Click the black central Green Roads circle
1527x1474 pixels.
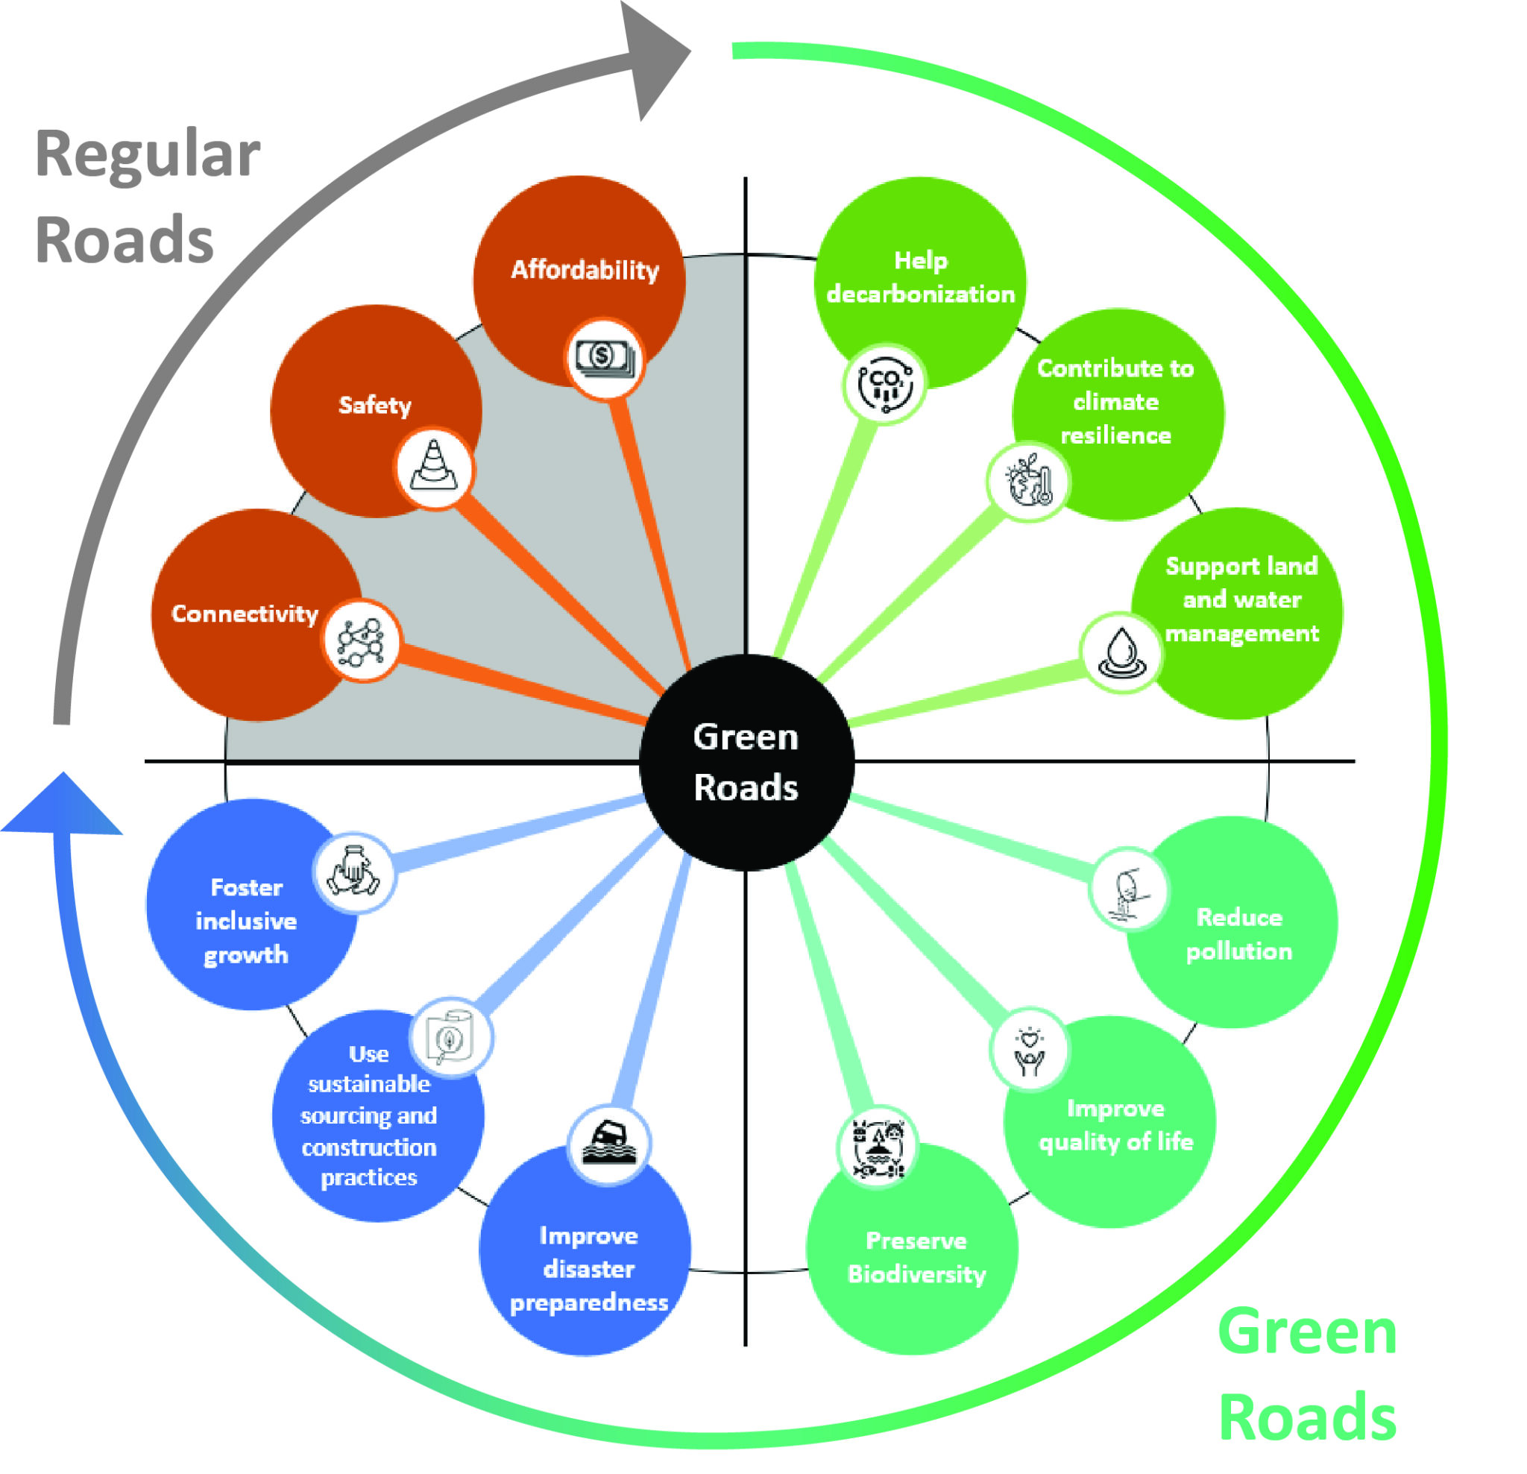point(746,762)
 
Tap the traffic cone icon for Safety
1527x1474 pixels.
point(433,468)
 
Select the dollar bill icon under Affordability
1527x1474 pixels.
point(604,359)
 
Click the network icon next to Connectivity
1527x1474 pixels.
point(361,641)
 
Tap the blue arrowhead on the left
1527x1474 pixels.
point(63,806)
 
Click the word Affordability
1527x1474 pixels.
point(585,270)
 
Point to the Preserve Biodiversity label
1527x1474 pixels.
point(916,1256)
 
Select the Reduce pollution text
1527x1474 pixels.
point(1238,933)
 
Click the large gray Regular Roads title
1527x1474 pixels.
point(146,196)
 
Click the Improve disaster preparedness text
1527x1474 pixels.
point(588,1268)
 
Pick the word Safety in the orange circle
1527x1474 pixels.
point(375,405)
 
